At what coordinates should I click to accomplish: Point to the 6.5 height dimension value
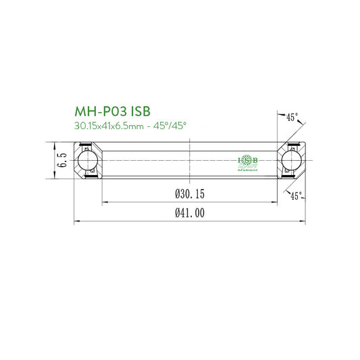click(61, 160)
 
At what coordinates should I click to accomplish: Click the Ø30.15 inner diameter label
click(189, 194)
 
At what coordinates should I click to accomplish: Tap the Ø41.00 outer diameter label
click(189, 213)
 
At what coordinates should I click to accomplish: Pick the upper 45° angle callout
click(292, 117)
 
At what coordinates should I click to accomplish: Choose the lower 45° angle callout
click(295, 196)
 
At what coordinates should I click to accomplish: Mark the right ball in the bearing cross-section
click(292, 160)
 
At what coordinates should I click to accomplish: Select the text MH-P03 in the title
click(98, 111)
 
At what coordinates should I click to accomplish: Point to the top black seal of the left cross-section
click(84, 146)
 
